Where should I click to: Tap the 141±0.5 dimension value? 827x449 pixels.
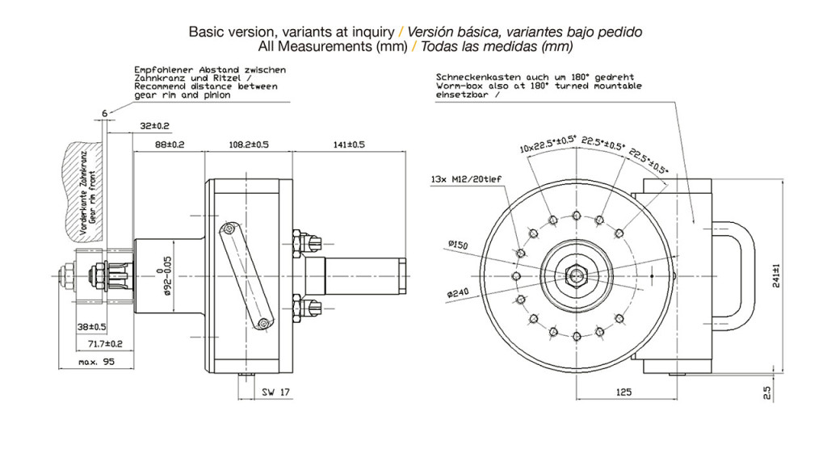[350, 145]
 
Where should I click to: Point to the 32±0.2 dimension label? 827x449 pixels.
[155, 126]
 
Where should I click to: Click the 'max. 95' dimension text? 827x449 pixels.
[97, 363]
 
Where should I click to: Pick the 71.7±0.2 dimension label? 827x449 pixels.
[104, 344]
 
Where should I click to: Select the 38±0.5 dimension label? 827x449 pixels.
[90, 327]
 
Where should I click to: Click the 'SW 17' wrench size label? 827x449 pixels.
[275, 392]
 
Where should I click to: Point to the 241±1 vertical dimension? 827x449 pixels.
[777, 275]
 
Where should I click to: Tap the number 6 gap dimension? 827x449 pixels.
[104, 113]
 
